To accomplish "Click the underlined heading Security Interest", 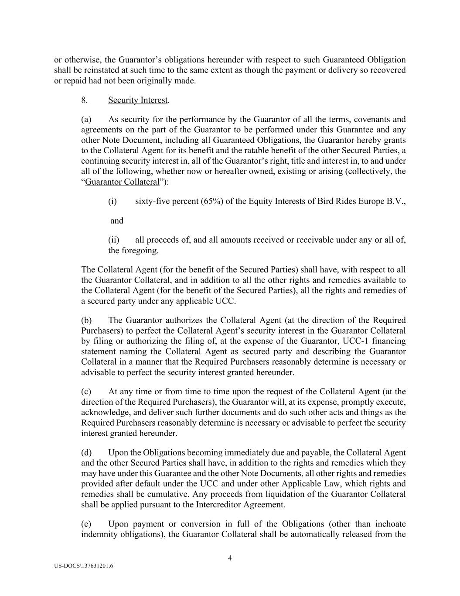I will pos(138,100).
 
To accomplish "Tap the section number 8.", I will pos(85,100).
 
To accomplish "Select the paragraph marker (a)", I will pos(86,119).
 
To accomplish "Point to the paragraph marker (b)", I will pos(86,320).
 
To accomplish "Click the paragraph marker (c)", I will pos(86,392).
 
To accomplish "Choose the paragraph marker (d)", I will pos(86,453).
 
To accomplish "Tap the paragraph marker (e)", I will pos(86,524).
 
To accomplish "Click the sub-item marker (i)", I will pos(112,201).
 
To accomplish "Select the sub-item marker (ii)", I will pos(114,240).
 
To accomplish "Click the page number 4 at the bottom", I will pos(230,558).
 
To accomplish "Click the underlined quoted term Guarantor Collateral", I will pos(122,182).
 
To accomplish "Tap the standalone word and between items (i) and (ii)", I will pos(117,220).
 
